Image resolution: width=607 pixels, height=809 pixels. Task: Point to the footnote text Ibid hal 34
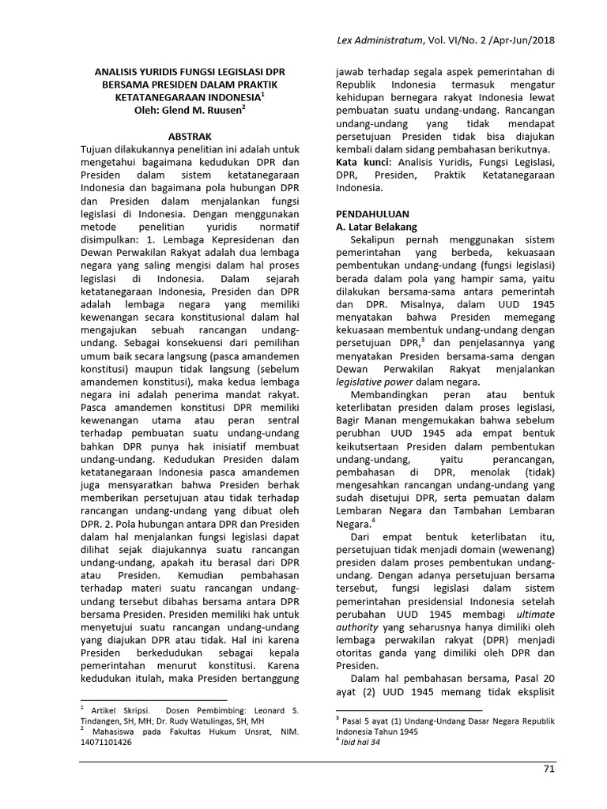pos(365,741)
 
